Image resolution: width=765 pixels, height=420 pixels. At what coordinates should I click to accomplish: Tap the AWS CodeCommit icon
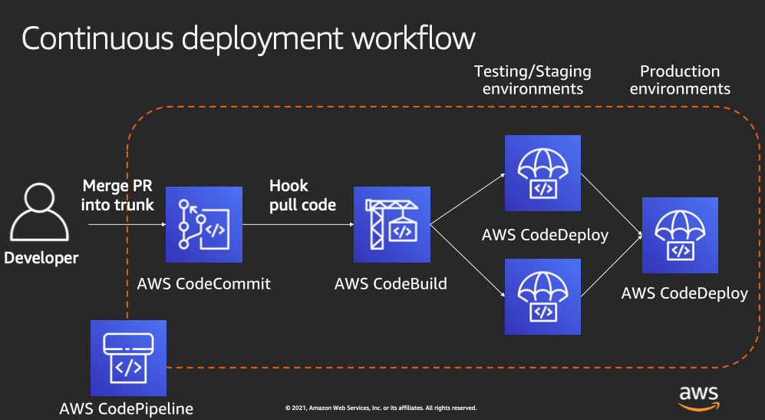(204, 224)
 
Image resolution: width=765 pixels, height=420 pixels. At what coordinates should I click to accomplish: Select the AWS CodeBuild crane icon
(391, 224)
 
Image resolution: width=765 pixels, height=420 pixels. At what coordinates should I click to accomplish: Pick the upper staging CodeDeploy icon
(542, 174)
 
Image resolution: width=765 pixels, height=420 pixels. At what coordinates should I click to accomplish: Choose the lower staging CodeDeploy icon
(542, 296)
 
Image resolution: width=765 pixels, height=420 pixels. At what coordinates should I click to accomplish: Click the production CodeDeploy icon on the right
(680, 235)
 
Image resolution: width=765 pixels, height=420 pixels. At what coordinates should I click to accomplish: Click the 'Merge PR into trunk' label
(117, 195)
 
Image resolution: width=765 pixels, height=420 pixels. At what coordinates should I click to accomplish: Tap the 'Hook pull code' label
(302, 195)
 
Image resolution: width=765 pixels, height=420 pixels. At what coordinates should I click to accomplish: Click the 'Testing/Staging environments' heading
(533, 80)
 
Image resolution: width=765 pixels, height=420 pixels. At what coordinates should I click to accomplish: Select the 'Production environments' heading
(680, 80)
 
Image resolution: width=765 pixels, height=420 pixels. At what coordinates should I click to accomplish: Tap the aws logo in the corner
(699, 395)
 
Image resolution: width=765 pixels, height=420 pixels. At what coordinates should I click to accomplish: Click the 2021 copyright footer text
(381, 408)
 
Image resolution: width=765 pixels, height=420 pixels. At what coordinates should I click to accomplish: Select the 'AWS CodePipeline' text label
(127, 408)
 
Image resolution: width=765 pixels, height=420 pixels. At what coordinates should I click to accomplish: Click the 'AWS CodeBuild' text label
(391, 284)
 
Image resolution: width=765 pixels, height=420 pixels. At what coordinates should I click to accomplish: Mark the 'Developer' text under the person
(41, 258)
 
